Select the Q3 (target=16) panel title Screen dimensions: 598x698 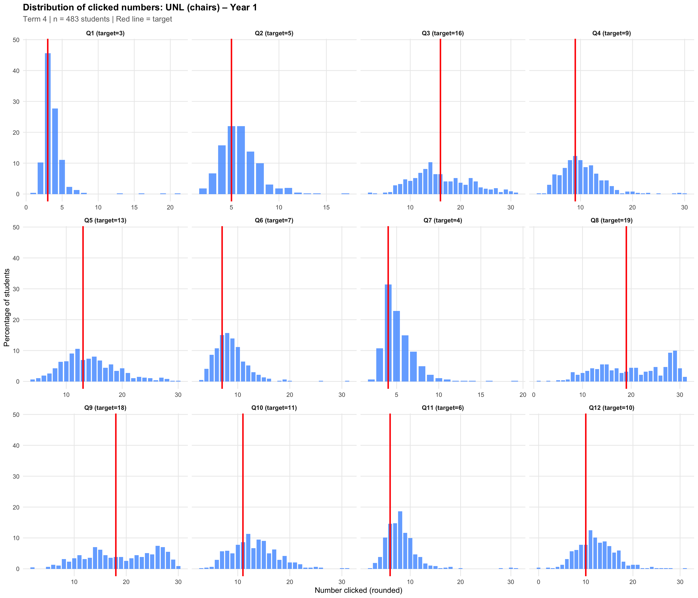[443, 33]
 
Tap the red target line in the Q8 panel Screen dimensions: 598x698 [626, 303]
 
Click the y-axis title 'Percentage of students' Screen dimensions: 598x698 [7, 307]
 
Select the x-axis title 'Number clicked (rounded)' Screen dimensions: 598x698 [358, 590]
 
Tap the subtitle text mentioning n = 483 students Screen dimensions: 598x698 [97, 19]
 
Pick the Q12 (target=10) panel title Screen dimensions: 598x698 [612, 408]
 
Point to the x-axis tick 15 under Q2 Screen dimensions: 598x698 [326, 207]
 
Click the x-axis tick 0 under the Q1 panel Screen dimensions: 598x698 [26, 207]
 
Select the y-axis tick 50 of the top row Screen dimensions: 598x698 [16, 40]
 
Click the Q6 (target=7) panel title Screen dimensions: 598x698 [274, 221]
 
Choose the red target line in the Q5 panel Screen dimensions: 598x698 [83, 303]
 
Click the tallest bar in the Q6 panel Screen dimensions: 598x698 [227, 357]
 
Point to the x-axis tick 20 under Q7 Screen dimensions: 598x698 [522, 395]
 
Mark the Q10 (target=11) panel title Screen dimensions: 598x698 [274, 408]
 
